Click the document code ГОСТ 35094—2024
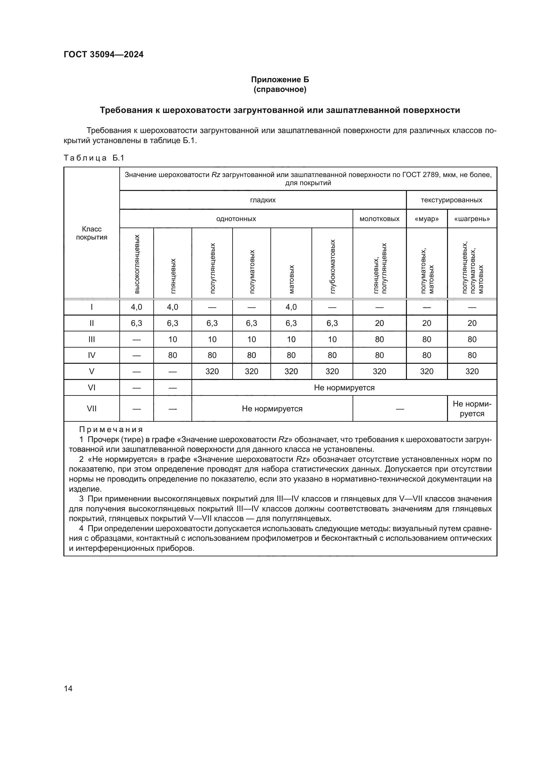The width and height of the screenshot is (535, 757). (104, 54)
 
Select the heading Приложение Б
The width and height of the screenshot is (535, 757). (280, 80)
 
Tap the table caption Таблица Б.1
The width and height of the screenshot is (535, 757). (94, 158)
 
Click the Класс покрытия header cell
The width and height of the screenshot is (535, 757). (92, 233)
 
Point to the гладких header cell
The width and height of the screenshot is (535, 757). (263, 200)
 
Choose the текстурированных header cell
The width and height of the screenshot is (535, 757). (451, 200)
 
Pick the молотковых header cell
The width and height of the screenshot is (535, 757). (379, 219)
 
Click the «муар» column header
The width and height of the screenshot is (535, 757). (426, 219)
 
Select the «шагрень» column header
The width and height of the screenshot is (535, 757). (472, 219)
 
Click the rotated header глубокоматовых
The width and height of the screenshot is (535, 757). (333, 266)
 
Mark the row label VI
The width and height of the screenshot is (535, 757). (92, 387)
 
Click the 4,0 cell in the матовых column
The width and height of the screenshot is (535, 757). (291, 307)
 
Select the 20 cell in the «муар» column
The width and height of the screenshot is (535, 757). (426, 323)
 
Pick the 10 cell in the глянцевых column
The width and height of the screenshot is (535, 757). (173, 339)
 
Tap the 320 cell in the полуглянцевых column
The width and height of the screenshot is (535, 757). (212, 372)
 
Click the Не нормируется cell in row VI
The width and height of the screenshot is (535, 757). (344, 388)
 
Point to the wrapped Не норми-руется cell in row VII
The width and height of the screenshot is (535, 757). (472, 408)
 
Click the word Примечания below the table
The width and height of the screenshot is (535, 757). (111, 429)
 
